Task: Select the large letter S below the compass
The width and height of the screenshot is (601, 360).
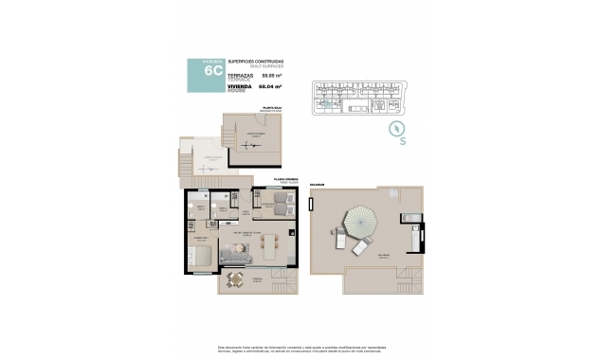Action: coord(403,143)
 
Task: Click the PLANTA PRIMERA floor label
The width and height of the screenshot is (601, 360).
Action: coord(286,178)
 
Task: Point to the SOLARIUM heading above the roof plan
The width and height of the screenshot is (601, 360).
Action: coord(317,185)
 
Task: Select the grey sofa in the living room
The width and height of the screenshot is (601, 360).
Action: coord(234,254)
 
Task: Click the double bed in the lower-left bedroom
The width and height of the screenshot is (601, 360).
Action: coord(200,256)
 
